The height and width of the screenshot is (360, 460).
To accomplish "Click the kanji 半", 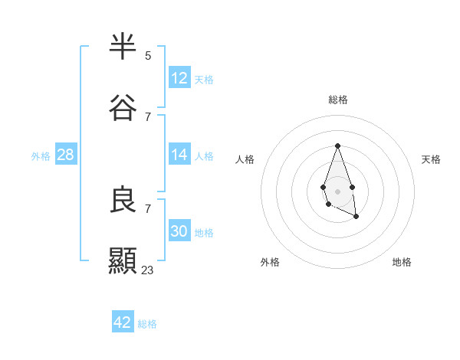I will point(123,47).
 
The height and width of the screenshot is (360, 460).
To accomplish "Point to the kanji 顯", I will point(123,261).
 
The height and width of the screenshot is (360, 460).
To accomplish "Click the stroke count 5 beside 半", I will point(148,55).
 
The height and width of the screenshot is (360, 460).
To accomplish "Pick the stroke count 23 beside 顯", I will point(148,270).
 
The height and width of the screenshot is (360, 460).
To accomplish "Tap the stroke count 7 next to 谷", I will point(148,116).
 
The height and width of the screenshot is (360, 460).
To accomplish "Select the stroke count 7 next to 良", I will point(148,208).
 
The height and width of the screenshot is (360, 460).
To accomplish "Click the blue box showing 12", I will point(179,77).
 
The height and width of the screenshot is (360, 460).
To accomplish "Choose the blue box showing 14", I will point(179,154).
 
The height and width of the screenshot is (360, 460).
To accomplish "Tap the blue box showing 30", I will point(179,231).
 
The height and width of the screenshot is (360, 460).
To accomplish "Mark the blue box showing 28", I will point(66,154).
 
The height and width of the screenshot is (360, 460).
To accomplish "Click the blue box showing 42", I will point(123,322).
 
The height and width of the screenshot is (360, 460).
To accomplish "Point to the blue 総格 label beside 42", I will point(147,324).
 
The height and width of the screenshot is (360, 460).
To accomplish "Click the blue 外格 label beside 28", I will point(41,156).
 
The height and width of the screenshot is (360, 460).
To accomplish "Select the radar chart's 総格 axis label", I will point(337,100).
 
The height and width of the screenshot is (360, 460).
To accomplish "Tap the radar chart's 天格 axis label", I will point(431,159).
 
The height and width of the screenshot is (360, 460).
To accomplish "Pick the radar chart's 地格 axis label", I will point(402,262).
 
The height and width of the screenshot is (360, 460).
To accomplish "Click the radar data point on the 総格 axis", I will point(337,146).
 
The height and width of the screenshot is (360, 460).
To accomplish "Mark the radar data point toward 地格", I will point(356,217).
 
